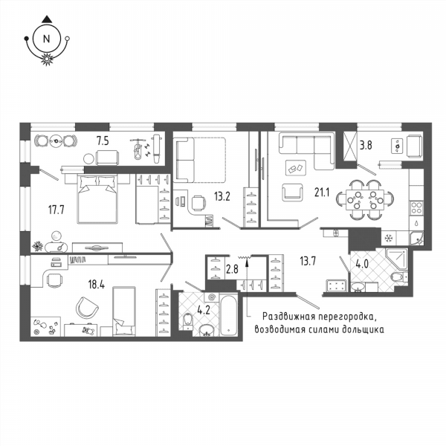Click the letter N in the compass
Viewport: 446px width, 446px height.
tap(46, 39)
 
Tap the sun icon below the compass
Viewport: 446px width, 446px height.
tap(47, 59)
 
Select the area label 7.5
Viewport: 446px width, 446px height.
tap(103, 140)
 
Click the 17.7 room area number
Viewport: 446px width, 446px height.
tap(56, 210)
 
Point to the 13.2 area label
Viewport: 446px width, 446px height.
tap(222, 196)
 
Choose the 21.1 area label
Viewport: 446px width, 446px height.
tap(322, 193)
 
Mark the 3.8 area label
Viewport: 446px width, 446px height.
tap(366, 146)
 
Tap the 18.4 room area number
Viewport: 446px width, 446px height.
tap(97, 284)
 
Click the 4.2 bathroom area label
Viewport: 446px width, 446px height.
tap(204, 310)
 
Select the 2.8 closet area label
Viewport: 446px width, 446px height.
tap(232, 269)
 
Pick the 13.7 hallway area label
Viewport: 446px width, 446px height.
tap(308, 261)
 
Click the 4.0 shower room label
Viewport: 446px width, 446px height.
tap(363, 264)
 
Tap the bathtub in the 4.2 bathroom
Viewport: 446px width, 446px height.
tap(229, 316)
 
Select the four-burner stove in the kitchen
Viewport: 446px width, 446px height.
tap(416, 207)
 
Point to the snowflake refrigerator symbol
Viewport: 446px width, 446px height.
tap(388, 238)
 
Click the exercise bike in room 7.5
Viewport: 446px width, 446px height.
tap(138, 148)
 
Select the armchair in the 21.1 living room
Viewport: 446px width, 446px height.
tap(292, 193)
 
